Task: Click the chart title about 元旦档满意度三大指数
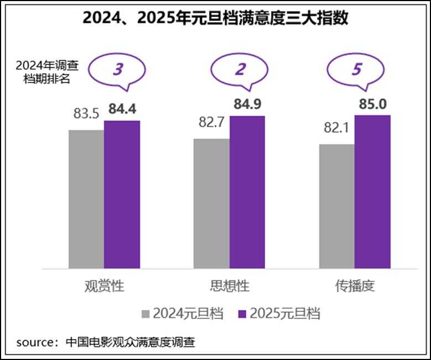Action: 215,18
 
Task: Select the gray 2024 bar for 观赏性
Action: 86,199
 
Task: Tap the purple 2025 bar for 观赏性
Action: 122,194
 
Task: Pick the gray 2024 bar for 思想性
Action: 211,203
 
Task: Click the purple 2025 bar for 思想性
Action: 247,192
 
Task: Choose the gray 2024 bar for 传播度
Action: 337,206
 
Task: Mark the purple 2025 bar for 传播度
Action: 372,192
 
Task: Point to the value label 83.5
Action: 86,114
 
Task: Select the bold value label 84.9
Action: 247,104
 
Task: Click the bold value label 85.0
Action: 373,104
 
